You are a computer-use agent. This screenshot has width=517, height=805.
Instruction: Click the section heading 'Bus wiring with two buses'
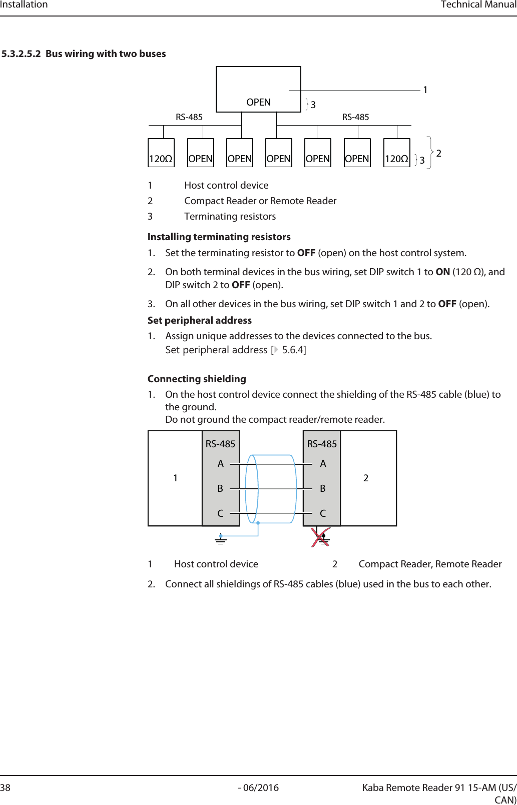click(x=106, y=54)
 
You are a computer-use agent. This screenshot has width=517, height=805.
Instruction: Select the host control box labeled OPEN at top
click(x=258, y=90)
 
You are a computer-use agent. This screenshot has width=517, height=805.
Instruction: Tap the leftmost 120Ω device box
click(x=161, y=153)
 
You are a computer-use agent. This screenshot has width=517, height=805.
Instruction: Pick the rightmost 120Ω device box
click(x=396, y=153)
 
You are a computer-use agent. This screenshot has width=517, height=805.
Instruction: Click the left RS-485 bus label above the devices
click(x=189, y=117)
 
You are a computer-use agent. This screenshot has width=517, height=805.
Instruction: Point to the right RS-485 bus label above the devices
click(x=355, y=117)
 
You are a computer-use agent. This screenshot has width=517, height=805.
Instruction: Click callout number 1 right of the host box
click(x=425, y=90)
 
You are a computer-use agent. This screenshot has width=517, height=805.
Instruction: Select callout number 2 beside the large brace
click(x=439, y=153)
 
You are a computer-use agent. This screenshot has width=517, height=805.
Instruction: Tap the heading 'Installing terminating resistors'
click(x=219, y=237)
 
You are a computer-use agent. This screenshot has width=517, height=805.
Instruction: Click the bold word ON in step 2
click(x=442, y=272)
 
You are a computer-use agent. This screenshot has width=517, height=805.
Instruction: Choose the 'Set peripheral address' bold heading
click(x=199, y=320)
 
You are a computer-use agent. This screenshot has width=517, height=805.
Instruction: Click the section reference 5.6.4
click(x=293, y=350)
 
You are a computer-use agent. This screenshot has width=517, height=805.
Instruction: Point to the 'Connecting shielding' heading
click(x=197, y=379)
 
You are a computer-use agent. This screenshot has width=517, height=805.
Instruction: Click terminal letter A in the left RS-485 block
click(x=220, y=464)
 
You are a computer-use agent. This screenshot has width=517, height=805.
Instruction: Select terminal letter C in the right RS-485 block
click(x=323, y=513)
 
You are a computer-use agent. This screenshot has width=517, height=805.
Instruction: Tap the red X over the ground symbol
click(x=320, y=538)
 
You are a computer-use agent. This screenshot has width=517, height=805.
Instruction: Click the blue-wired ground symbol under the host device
click(x=221, y=539)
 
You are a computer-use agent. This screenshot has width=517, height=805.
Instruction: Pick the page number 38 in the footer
click(x=6, y=787)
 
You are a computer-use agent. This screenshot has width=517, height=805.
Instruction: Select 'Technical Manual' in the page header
click(x=478, y=5)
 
